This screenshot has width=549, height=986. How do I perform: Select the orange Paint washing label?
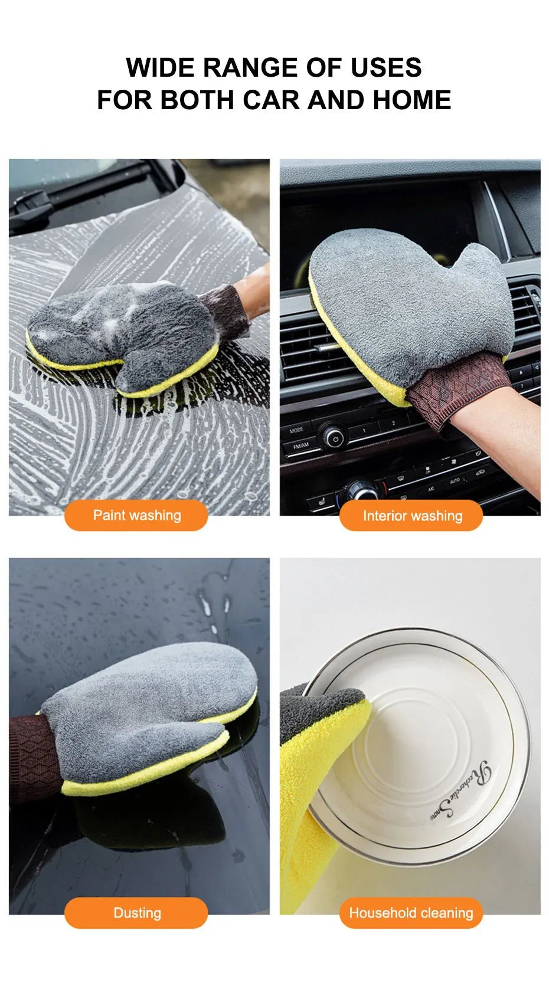click(x=136, y=515)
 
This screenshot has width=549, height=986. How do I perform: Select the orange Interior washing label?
click(x=411, y=516)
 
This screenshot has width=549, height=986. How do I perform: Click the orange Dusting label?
click(x=136, y=913)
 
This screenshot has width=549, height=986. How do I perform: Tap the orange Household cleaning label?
click(x=411, y=913)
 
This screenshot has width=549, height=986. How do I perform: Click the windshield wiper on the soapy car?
click(x=83, y=189)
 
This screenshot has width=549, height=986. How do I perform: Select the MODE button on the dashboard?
click(x=297, y=430)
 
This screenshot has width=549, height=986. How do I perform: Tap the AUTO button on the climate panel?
click(x=455, y=481)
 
